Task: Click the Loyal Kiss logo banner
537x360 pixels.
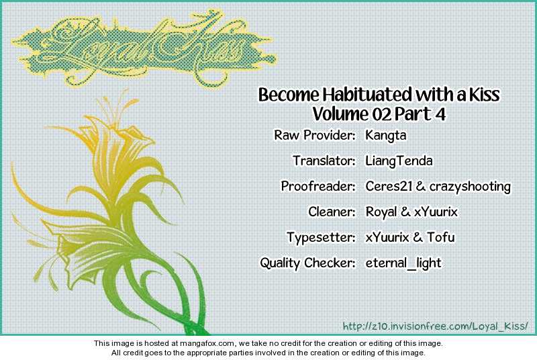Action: click(144, 50)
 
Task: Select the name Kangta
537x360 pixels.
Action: click(385, 136)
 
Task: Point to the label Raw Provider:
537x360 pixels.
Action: click(314, 135)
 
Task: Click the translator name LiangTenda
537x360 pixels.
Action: click(399, 161)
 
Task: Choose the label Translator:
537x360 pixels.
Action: click(324, 161)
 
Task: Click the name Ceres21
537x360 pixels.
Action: click(389, 186)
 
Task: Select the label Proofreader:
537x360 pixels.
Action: click(318, 186)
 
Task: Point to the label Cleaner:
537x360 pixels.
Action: click(332, 212)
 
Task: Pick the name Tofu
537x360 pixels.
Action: click(441, 237)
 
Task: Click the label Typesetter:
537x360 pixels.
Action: click(322, 238)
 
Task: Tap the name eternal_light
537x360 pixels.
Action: click(403, 263)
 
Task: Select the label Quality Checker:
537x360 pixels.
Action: click(307, 263)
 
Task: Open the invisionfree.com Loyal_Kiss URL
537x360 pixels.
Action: click(435, 326)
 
